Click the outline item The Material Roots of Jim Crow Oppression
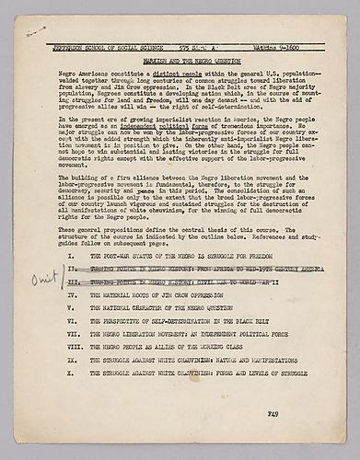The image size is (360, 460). pos(156,296)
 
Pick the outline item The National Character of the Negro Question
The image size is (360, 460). pos(161,307)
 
